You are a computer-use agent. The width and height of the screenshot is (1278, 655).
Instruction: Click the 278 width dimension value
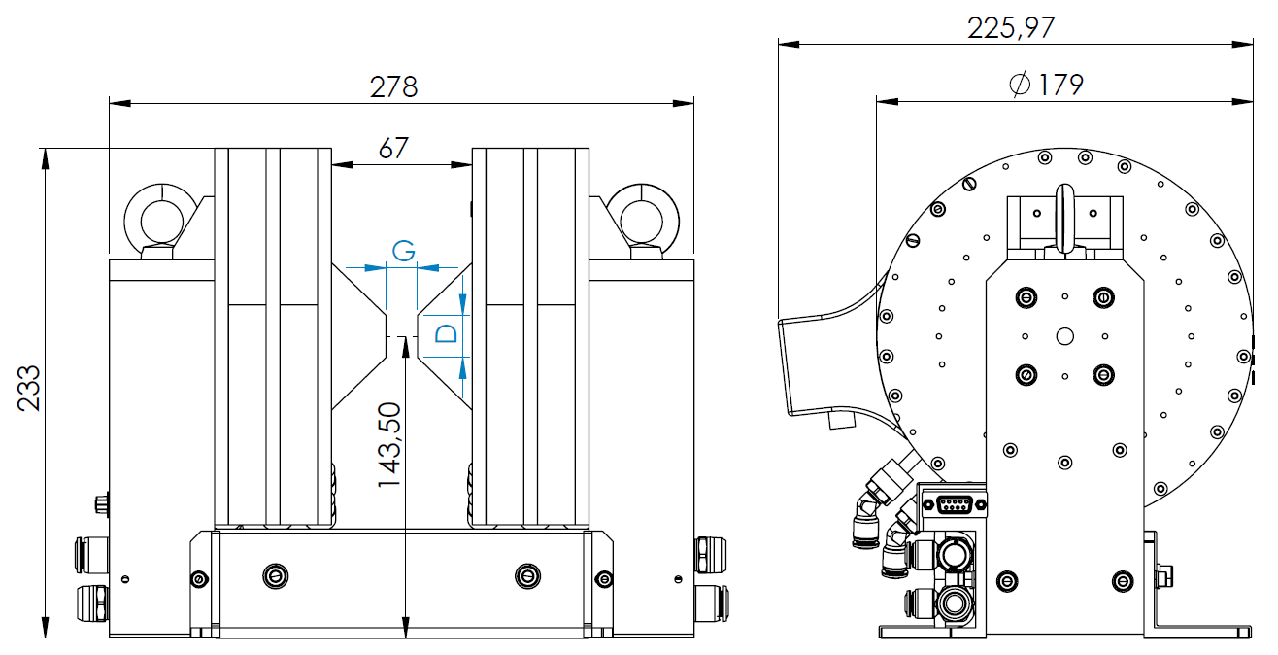[393, 87]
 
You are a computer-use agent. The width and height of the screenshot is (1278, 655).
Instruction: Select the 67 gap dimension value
[393, 149]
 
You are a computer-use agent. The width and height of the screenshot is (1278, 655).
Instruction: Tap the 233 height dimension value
[29, 389]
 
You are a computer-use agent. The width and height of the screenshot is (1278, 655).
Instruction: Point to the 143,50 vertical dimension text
[390, 445]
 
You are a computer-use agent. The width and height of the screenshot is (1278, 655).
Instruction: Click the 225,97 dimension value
[1011, 28]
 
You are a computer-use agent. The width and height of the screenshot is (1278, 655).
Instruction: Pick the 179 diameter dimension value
[1060, 86]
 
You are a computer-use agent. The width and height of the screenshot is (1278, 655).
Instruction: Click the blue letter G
[403, 251]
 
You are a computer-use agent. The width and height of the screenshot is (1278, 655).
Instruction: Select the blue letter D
[447, 333]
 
